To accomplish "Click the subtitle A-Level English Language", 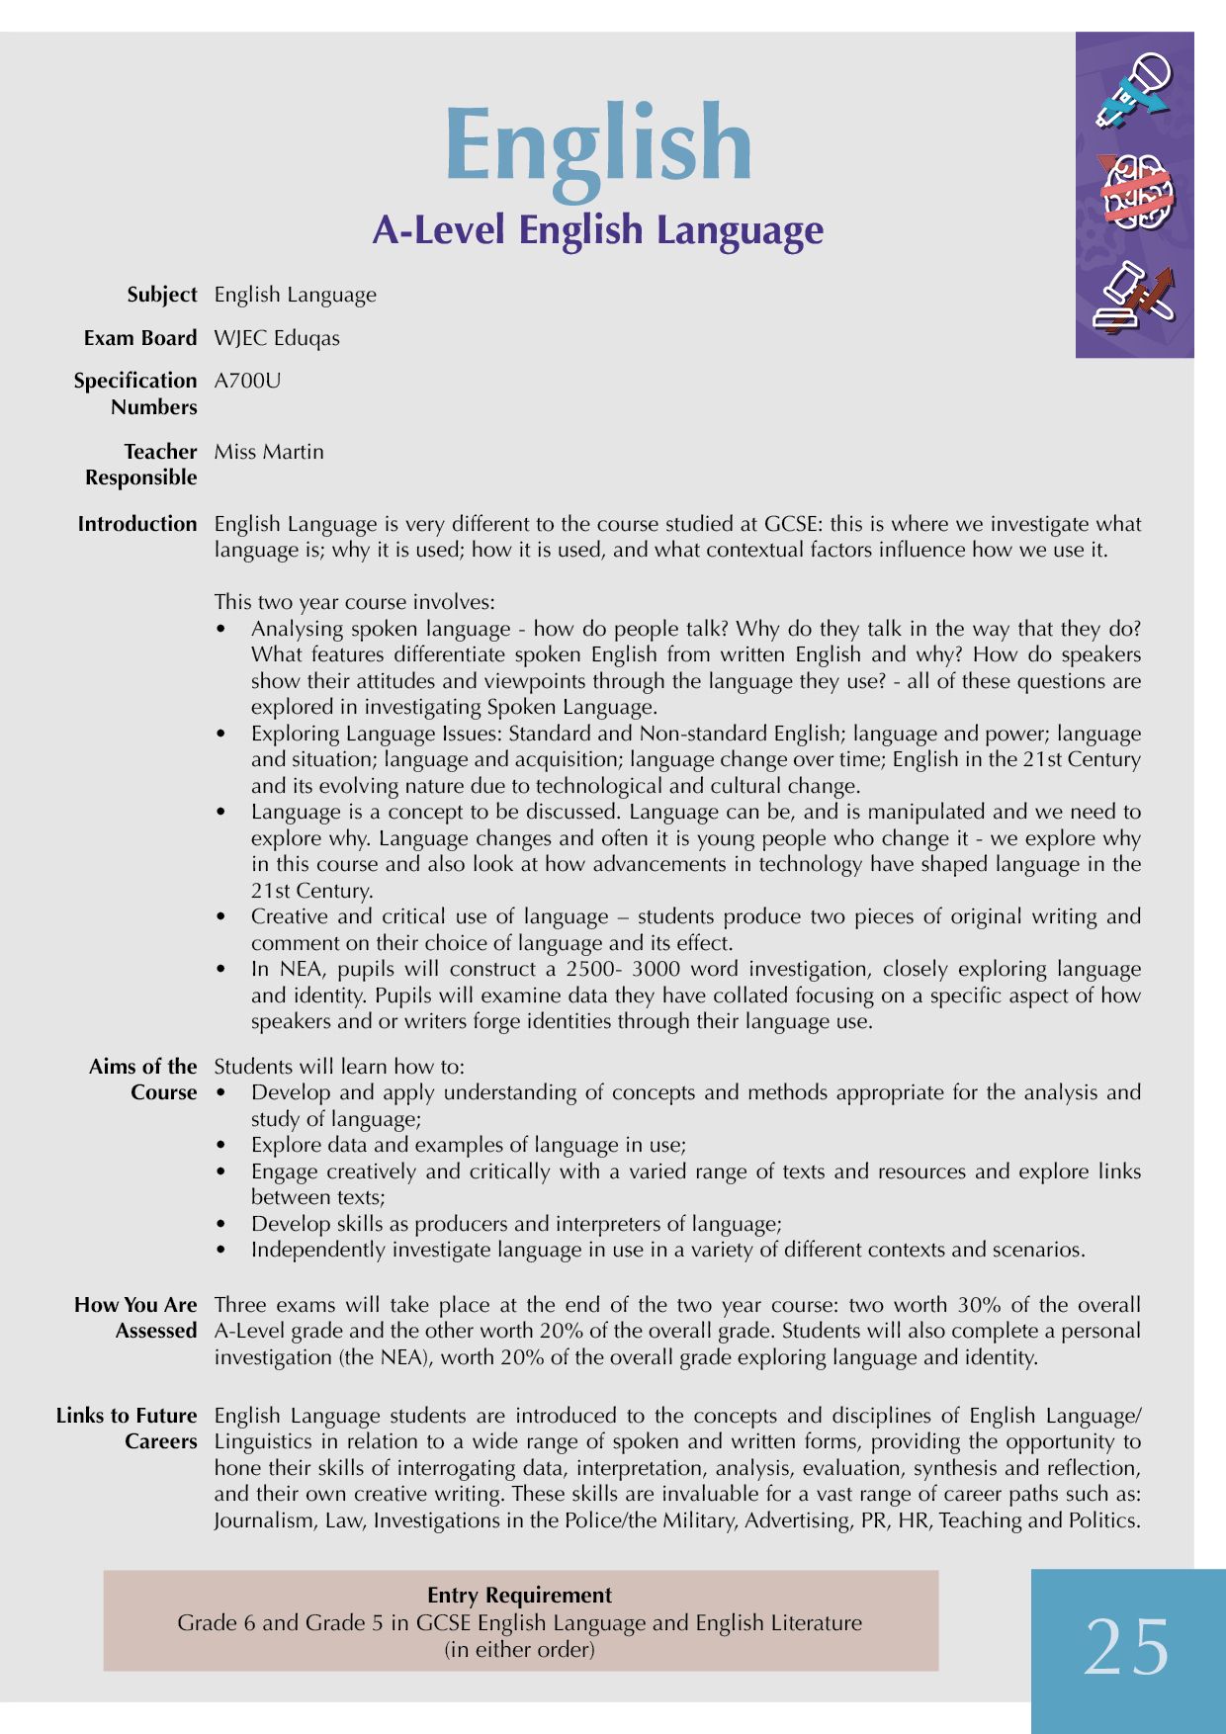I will pyautogui.click(x=597, y=230).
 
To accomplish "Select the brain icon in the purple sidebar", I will pyautogui.click(x=1136, y=192).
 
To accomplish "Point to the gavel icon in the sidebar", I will pyautogui.click(x=1135, y=297).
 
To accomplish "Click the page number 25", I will pyautogui.click(x=1126, y=1648).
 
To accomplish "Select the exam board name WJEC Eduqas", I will pyautogui.click(x=277, y=338).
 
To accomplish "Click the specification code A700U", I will pyautogui.click(x=247, y=381).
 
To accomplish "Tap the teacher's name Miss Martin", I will pyautogui.click(x=269, y=452).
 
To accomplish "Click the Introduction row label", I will pyautogui.click(x=137, y=524).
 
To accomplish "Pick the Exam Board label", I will pyautogui.click(x=140, y=338).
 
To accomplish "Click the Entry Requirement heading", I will pyautogui.click(x=519, y=1595).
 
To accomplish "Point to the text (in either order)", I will pyautogui.click(x=519, y=1649).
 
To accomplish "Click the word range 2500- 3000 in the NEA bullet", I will pyautogui.click(x=623, y=969).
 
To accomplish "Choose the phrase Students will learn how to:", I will pyautogui.click(x=339, y=1067).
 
